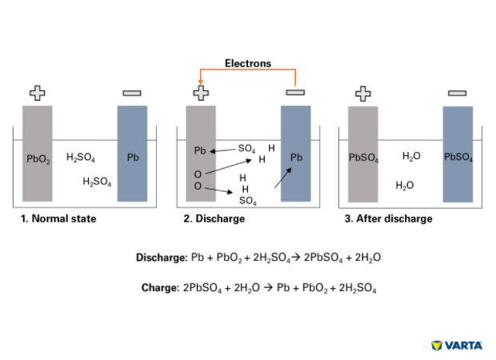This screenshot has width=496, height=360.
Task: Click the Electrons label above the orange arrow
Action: (x=247, y=63)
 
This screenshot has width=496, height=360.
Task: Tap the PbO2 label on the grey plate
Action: (x=38, y=158)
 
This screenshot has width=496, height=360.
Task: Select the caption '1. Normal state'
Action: (x=58, y=218)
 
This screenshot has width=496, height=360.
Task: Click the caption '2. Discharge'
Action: (x=214, y=218)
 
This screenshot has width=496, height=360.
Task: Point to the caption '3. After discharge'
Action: (x=389, y=218)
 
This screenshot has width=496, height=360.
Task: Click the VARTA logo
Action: (x=457, y=346)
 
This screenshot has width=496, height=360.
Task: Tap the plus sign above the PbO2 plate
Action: (x=38, y=93)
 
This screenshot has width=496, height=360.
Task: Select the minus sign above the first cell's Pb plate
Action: (x=132, y=94)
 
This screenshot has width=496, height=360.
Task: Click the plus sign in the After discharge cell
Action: (x=362, y=93)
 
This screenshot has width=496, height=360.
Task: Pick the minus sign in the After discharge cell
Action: (x=457, y=94)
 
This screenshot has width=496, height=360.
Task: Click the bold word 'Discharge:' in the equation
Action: (x=162, y=258)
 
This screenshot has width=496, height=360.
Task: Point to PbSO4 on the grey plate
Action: (x=362, y=158)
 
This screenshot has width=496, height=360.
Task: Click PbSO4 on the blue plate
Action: (x=458, y=158)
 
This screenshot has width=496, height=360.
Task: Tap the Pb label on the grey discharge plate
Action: (x=200, y=150)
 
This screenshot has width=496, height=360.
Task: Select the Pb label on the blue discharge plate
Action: (x=296, y=158)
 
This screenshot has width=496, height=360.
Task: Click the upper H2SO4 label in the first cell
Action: (x=81, y=158)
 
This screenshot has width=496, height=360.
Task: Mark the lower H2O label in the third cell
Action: (x=405, y=186)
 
